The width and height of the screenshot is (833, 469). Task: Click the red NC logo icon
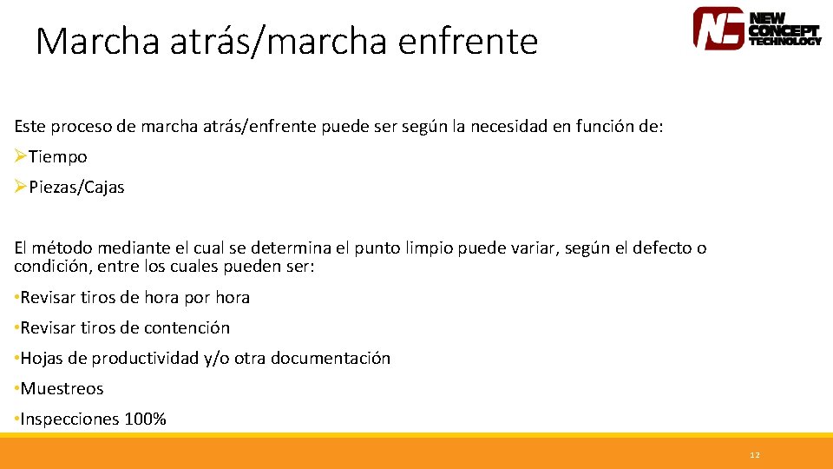pyautogui.click(x=718, y=28)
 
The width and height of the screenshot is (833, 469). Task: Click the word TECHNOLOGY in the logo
pyautogui.click(x=784, y=41)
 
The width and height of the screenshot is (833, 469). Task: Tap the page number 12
pyautogui.click(x=754, y=455)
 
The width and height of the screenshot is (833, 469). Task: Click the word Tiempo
pyautogui.click(x=58, y=157)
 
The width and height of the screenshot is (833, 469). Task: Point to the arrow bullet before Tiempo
pyautogui.click(x=21, y=156)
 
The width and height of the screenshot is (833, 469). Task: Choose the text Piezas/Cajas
pyautogui.click(x=76, y=188)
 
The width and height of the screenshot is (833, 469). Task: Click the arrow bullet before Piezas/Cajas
pyautogui.click(x=21, y=187)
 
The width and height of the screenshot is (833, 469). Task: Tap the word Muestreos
pyautogui.click(x=62, y=388)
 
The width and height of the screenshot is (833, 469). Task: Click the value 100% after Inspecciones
pyautogui.click(x=145, y=419)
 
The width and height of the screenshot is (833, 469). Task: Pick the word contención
pyautogui.click(x=187, y=327)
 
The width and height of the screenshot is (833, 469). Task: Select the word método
pyautogui.click(x=58, y=248)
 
